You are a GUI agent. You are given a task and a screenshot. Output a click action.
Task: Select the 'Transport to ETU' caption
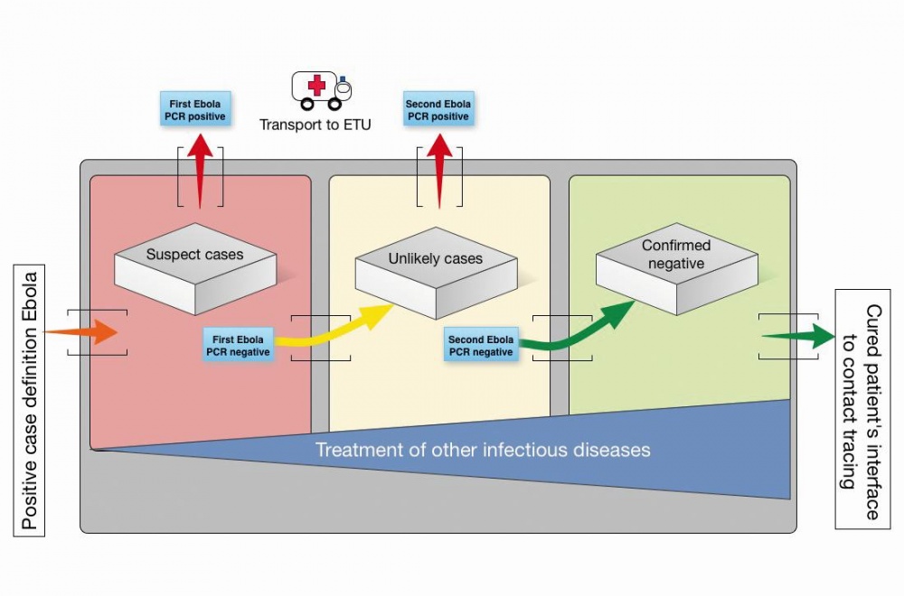315,125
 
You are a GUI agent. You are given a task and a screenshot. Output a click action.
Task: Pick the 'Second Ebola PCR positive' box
438,110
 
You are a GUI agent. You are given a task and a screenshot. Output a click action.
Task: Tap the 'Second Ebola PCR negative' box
481,346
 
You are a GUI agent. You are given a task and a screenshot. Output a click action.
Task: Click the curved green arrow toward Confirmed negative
579,331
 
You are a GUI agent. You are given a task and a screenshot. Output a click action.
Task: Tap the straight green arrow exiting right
799,336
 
